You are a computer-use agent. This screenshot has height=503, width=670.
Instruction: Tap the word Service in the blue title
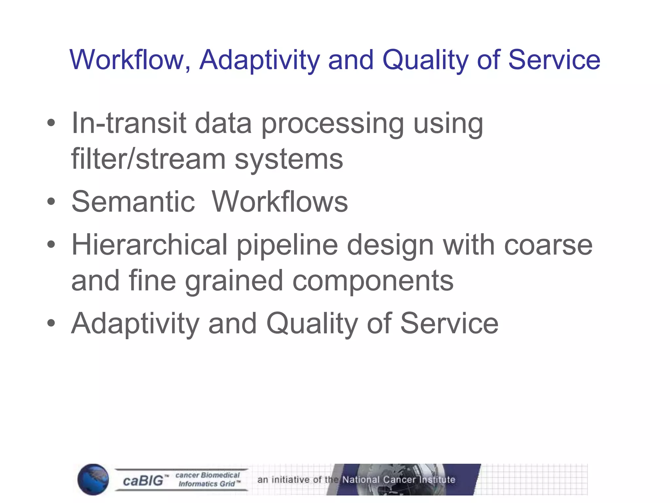point(554,60)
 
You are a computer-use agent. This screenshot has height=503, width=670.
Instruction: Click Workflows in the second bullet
point(280,201)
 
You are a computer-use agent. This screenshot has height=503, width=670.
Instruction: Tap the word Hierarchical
point(149,245)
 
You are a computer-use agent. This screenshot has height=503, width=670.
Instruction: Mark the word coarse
point(548,245)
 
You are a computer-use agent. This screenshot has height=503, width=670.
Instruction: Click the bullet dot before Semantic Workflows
point(51,202)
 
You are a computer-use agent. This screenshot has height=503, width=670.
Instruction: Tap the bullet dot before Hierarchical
point(51,245)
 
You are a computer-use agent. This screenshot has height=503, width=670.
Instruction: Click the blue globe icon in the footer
point(93,479)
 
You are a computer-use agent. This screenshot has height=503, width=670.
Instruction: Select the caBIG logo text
point(143,481)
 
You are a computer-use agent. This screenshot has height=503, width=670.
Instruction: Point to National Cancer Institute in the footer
point(398,479)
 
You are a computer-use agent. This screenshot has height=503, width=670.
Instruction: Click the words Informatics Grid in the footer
point(207,484)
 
